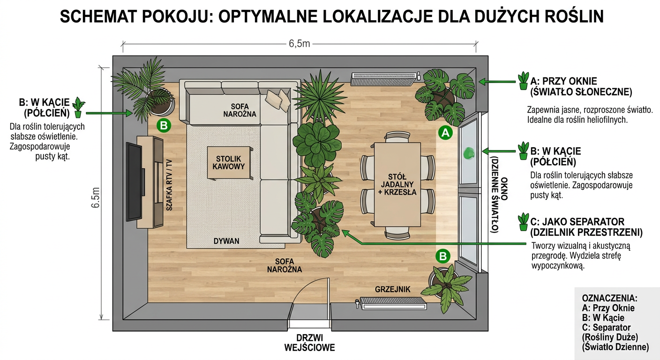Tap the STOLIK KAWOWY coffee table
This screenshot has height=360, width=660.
pos(228,162)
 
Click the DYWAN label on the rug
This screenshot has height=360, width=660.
pos(226,241)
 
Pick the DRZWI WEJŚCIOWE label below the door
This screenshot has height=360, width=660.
pos(309,343)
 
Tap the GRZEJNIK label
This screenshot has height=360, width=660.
pos(392,289)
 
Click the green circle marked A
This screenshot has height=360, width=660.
pos(445,133)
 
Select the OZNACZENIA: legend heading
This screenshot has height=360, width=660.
pos(609,298)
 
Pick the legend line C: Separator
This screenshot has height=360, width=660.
pos(606,327)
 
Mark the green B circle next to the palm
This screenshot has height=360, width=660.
pos(164,126)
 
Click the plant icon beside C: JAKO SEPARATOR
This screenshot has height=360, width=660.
pos(523,222)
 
